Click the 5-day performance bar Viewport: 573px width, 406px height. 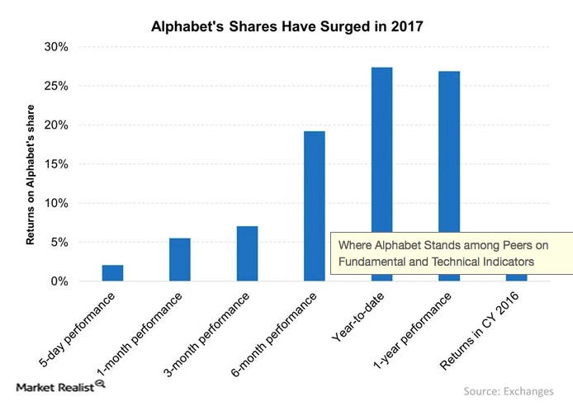112,273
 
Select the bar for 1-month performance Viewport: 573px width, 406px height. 180,259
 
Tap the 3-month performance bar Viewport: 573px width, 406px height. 247,253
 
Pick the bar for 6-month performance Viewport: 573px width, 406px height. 314,206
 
